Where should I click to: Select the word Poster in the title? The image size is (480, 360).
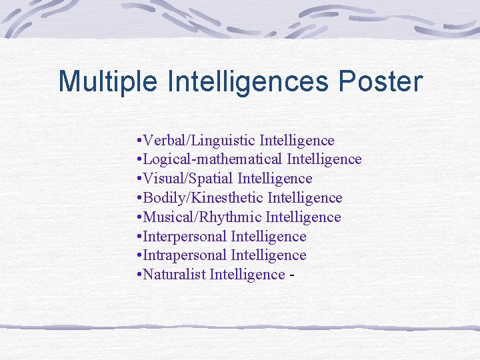click(381, 82)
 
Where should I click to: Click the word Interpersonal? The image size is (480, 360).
click(185, 237)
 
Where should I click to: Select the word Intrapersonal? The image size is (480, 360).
click(185, 255)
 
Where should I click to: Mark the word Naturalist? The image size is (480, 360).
click(174, 275)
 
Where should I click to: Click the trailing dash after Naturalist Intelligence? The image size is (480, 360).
click(291, 275)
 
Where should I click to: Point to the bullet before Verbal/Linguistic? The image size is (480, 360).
click(137, 141)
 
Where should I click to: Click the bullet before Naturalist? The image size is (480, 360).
click(137, 275)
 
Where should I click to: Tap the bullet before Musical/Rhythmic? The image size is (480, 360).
click(137, 218)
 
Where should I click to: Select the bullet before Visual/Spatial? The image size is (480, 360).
click(137, 179)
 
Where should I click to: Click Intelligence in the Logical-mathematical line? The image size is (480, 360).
click(324, 160)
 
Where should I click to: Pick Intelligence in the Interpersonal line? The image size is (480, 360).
click(269, 237)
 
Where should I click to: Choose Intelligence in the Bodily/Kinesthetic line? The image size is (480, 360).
click(305, 198)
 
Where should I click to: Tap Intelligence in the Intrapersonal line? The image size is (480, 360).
click(269, 255)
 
